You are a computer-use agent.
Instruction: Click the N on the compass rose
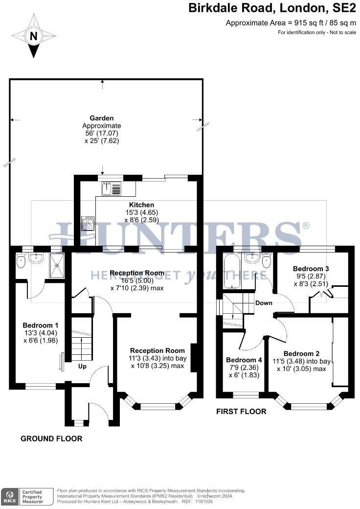33,36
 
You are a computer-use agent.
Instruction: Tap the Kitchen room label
141,205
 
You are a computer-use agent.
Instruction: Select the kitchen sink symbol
111,188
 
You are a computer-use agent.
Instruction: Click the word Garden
102,118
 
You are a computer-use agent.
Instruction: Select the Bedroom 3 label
311,269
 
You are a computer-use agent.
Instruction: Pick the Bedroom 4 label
244,360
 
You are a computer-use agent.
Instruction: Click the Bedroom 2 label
301,354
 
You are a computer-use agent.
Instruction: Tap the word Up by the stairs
82,367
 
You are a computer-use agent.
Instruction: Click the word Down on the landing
264,303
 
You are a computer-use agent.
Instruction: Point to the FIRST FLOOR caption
241,412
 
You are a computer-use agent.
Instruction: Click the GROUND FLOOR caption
51,439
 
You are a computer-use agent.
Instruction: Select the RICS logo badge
9,497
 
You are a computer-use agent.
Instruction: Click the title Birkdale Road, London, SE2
272,8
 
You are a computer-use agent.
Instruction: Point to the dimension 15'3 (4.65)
142,212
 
